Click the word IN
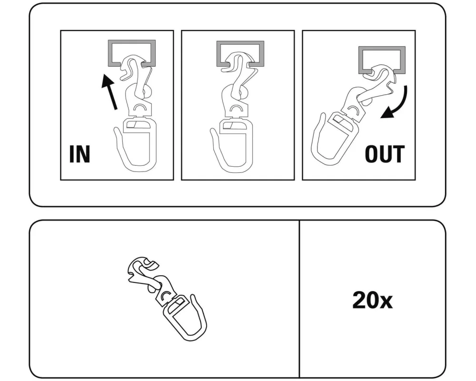(80, 154)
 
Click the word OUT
(385, 154)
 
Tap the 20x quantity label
(372, 300)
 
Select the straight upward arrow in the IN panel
(109, 92)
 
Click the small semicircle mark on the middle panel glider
(237, 107)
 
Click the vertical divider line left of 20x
(299, 299)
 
